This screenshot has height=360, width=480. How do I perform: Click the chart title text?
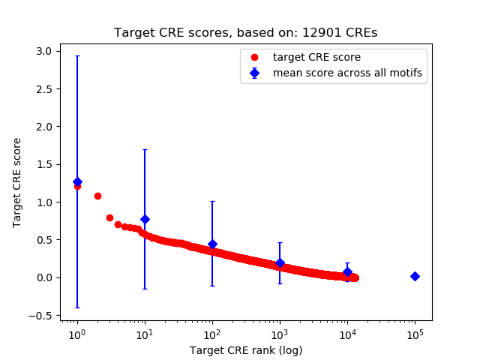(x=245, y=33)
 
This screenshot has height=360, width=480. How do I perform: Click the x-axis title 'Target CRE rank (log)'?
(x=245, y=349)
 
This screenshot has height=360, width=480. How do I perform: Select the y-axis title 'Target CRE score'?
(x=17, y=182)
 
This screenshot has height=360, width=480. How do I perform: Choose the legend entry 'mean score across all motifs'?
(x=347, y=73)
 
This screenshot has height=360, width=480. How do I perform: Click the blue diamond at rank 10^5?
(x=415, y=276)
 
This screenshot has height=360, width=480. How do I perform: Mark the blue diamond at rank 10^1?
(x=145, y=219)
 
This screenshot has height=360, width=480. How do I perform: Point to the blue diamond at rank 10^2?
(x=212, y=244)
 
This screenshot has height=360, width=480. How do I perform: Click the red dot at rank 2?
(x=97, y=196)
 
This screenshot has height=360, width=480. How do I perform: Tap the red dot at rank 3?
(x=109, y=217)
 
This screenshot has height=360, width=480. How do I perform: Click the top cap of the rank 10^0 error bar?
(x=77, y=55)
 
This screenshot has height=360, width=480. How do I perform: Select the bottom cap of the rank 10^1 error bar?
(x=145, y=289)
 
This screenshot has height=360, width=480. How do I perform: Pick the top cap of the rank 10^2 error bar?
(x=212, y=201)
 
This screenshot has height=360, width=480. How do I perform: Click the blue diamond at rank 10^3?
(x=280, y=263)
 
